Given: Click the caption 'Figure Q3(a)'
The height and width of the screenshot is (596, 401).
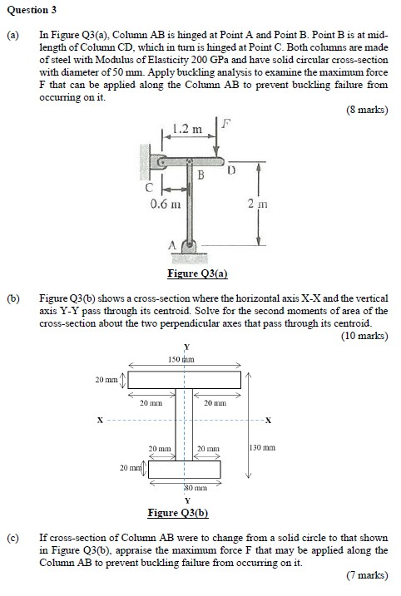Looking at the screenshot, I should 197,273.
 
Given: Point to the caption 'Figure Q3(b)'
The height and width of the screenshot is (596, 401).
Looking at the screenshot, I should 176,512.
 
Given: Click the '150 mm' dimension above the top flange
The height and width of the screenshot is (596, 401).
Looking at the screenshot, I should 181,359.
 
